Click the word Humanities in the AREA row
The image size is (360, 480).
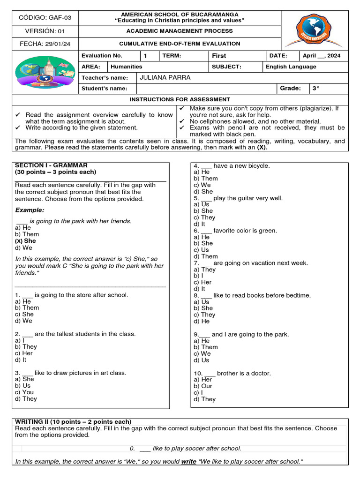pos(126,67)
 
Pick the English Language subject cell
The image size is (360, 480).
pos(291,67)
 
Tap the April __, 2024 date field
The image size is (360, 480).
pos(322,55)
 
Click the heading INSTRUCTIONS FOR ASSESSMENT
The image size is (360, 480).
pos(180,99)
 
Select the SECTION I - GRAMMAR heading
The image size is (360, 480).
pos(51,165)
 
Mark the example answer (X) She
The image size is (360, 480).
pos(25,241)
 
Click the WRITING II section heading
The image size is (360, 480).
pos(74,422)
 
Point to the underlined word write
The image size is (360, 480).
pos(188,462)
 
